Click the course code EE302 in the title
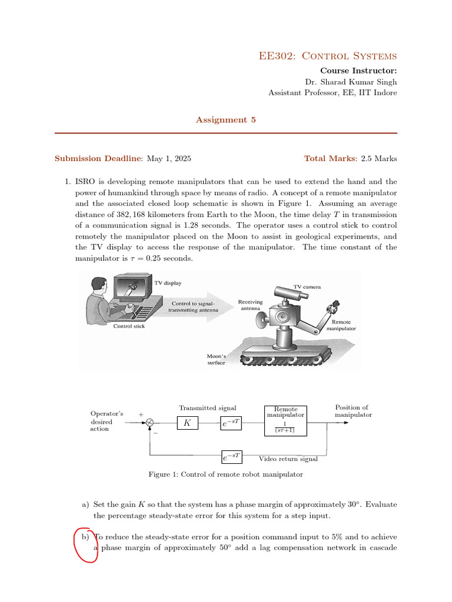(x=277, y=56)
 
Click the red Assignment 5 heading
(x=225, y=120)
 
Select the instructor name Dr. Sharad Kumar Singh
(x=351, y=82)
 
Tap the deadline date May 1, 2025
(x=169, y=159)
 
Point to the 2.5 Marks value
(x=379, y=159)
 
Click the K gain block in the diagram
(x=188, y=423)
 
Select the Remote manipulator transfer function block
(x=285, y=421)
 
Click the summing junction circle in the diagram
(x=150, y=423)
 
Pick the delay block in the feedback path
(x=232, y=456)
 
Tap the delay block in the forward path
(x=231, y=423)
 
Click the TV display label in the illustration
(x=168, y=283)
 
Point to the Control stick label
(x=129, y=326)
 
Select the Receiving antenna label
(x=250, y=305)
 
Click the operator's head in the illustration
(x=99, y=285)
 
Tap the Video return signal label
(x=288, y=459)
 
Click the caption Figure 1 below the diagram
(x=225, y=474)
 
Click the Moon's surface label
(x=217, y=359)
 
